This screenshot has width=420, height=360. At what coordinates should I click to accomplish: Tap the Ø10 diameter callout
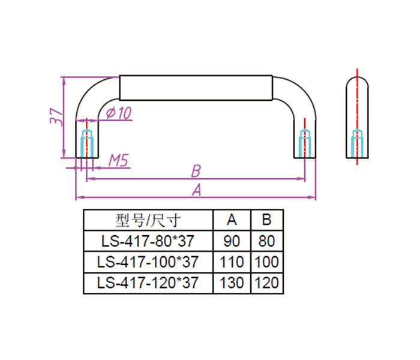119,113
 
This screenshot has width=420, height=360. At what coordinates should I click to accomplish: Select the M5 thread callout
119,160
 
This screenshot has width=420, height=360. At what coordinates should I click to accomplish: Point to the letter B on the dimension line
196,171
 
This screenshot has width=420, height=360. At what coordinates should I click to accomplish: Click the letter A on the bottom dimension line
197,190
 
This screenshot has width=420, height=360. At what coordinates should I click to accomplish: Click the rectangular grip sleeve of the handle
196,88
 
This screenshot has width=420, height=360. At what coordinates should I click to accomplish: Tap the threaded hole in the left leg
87,143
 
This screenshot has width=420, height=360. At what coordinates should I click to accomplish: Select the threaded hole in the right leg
305,143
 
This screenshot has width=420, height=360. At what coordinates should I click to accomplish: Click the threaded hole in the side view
357,143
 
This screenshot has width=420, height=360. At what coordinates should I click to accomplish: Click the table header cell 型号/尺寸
148,220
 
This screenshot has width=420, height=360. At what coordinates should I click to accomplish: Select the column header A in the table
232,220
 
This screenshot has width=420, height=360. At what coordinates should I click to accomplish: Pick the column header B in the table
267,220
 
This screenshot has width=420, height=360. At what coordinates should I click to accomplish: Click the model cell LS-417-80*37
148,241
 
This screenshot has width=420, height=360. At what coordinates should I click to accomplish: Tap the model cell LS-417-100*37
148,262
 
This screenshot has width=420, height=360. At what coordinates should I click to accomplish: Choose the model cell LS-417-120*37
148,283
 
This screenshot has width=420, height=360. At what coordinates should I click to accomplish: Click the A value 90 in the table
232,241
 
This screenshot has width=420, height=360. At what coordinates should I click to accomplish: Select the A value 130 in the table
232,283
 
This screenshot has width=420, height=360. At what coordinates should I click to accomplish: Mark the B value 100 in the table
267,262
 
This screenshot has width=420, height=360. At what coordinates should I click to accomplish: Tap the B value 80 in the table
267,241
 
